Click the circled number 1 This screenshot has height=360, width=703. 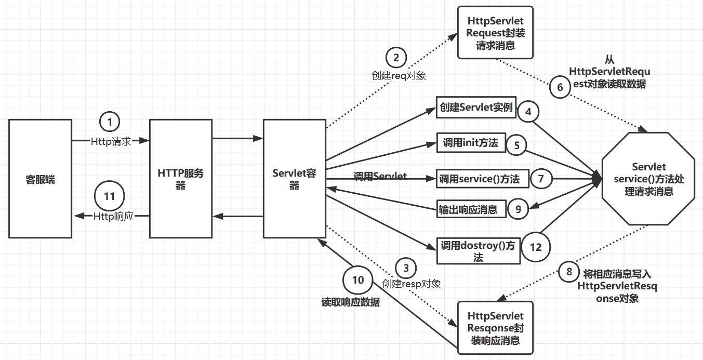(x=110, y=122)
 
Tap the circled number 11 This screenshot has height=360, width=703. (x=109, y=196)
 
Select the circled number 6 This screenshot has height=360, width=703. (x=560, y=87)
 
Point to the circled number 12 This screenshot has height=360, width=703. (x=535, y=247)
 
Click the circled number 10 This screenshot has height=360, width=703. (x=358, y=280)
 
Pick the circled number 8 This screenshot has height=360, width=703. (x=568, y=272)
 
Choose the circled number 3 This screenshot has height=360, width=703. (x=406, y=268)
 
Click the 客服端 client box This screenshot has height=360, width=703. (x=40, y=179)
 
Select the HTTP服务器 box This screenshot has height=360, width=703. (x=181, y=179)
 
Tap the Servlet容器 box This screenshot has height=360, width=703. (x=295, y=179)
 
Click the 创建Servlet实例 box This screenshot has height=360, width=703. (x=476, y=108)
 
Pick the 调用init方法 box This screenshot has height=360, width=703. (x=471, y=143)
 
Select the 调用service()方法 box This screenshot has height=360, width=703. (x=482, y=179)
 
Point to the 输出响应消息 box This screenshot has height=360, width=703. (x=472, y=209)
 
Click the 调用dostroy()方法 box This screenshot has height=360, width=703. (x=479, y=251)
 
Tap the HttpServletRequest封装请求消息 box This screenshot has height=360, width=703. (x=495, y=33)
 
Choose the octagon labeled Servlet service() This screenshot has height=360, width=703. (x=648, y=179)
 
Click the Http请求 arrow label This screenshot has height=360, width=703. (x=111, y=141)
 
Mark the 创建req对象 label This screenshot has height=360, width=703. (x=399, y=75)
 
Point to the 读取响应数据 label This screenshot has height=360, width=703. (x=351, y=302)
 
